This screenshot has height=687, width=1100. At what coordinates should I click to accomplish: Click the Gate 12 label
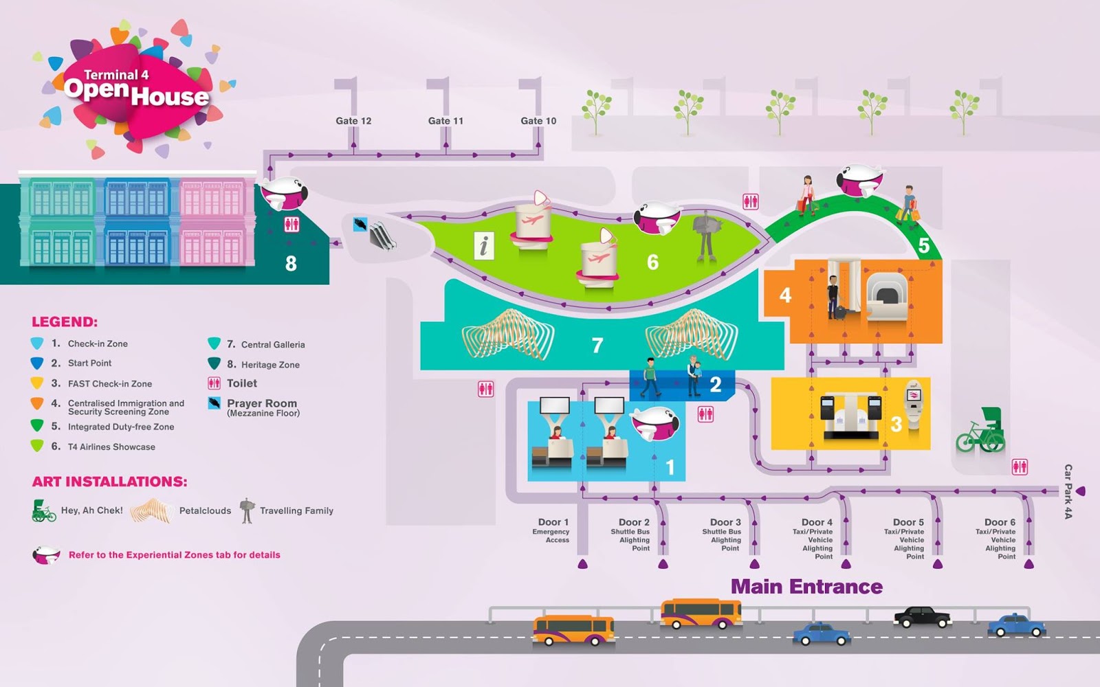pos(353,121)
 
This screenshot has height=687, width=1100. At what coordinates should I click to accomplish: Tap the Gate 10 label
pos(538,121)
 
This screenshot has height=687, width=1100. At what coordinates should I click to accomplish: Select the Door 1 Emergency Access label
pos(553,530)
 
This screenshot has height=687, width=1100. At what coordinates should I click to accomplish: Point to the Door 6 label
pos(1000,523)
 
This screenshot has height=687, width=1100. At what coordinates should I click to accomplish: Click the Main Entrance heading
pos(806,587)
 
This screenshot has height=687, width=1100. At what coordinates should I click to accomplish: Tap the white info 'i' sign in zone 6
pos(484,245)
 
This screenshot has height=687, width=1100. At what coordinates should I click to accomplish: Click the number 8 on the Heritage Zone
pos(291,263)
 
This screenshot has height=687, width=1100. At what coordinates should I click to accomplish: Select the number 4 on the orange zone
pos(785,295)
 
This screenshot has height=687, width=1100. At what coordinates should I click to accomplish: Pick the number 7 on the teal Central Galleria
pos(597,345)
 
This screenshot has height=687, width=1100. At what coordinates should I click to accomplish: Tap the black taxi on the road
pos(922,616)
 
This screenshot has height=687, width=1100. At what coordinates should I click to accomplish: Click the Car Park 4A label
pos(1068,491)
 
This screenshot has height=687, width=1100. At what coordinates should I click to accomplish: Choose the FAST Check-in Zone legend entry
pos(109,384)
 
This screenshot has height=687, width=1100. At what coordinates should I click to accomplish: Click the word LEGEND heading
pos(65,322)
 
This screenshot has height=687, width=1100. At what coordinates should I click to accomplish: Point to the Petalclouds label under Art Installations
pos(205,510)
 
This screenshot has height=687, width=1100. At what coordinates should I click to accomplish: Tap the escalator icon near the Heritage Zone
pos(382,236)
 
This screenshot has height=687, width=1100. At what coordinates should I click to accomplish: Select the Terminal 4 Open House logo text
pos(136,89)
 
